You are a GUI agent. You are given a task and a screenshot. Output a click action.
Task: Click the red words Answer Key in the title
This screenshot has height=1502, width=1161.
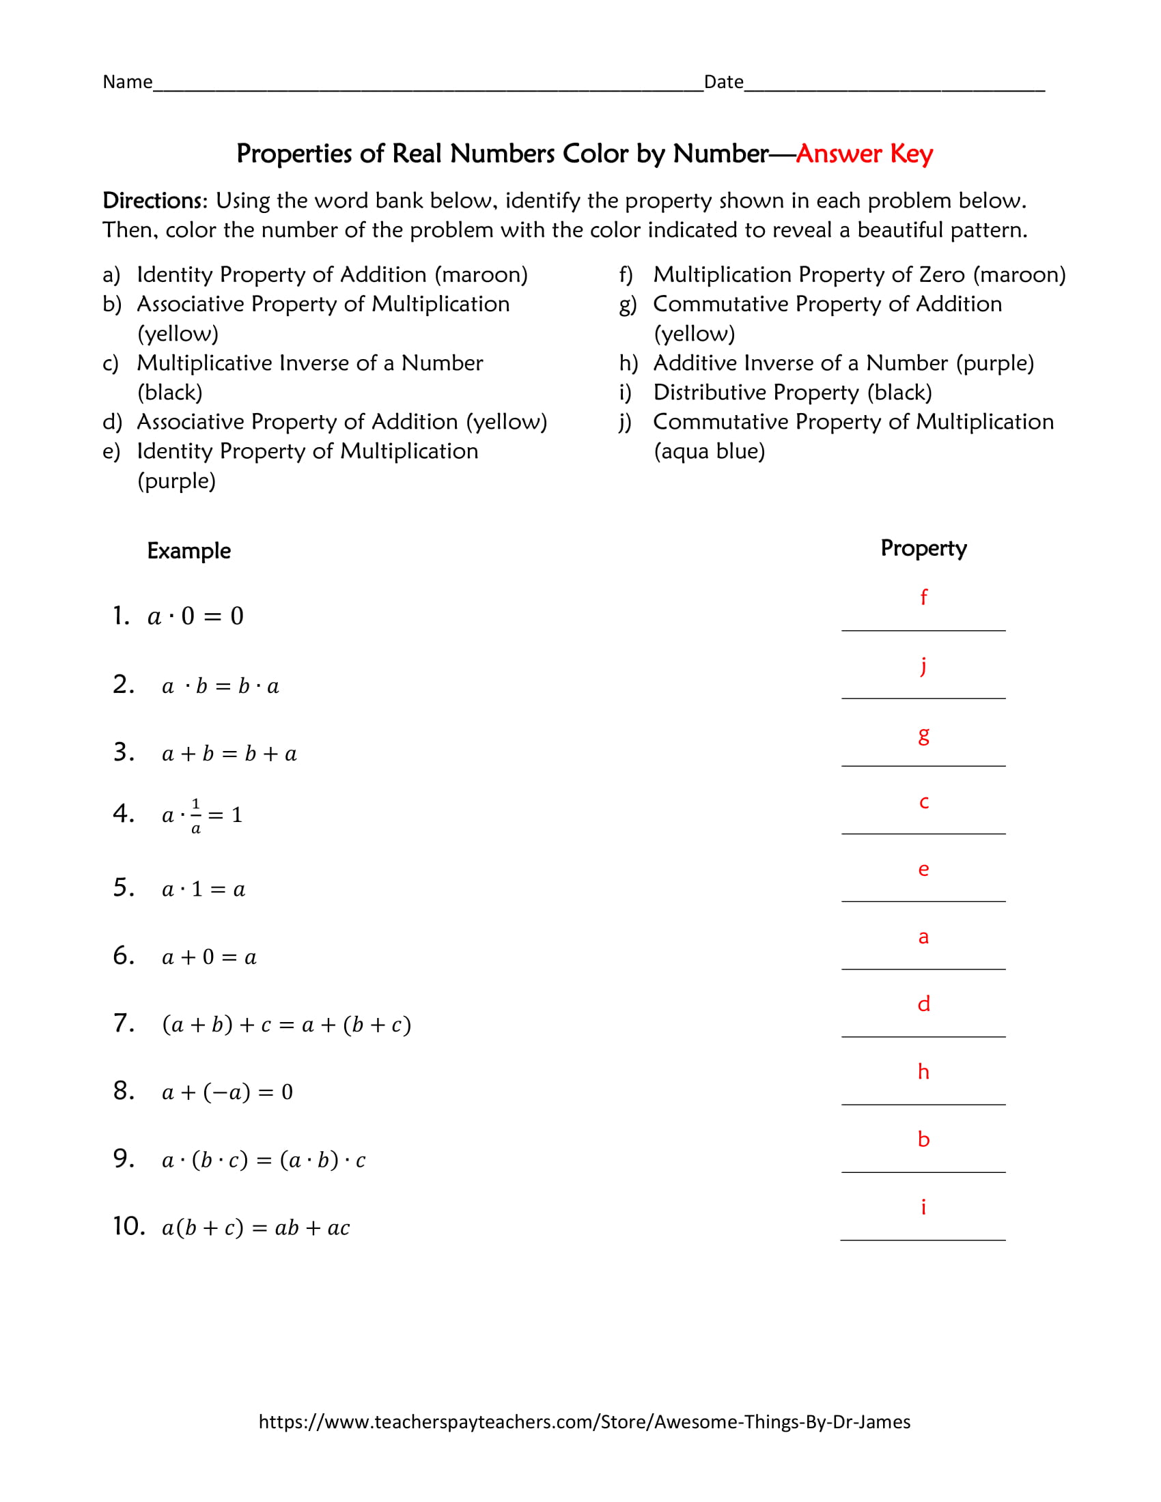click(864, 154)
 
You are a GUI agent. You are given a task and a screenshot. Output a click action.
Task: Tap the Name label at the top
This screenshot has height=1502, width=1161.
click(127, 82)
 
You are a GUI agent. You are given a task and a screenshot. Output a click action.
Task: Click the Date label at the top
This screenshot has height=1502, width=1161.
click(723, 82)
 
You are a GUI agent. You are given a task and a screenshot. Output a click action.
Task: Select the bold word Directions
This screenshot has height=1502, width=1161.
click(154, 201)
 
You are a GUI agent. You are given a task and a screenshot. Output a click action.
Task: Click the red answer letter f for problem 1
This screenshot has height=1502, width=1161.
click(924, 596)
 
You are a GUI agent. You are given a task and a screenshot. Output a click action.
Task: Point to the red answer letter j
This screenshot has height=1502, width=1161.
click(924, 666)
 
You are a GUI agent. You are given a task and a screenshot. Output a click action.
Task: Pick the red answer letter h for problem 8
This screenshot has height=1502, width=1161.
click(924, 1071)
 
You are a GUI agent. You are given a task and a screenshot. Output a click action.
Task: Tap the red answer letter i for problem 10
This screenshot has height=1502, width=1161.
click(923, 1207)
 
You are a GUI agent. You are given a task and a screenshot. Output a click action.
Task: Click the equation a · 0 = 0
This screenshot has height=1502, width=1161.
click(196, 617)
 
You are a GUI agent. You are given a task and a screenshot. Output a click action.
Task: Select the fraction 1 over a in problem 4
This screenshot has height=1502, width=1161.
click(196, 816)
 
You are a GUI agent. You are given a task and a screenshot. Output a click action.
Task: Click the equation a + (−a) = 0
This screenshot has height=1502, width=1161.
click(227, 1092)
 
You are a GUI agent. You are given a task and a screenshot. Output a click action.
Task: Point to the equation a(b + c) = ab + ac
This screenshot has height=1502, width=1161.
click(256, 1228)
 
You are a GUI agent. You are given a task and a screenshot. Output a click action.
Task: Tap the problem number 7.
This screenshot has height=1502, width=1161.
click(124, 1023)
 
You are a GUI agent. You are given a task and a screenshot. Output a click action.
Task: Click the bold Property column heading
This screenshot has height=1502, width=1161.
click(924, 548)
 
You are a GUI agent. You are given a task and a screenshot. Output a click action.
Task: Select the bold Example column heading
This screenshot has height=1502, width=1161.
click(188, 551)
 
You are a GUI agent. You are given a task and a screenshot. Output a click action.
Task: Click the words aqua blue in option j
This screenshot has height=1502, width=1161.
click(709, 451)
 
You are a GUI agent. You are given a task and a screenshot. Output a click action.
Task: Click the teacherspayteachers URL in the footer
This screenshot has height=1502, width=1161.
click(584, 1421)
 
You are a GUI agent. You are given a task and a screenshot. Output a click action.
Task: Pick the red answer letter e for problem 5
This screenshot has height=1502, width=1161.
click(924, 869)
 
